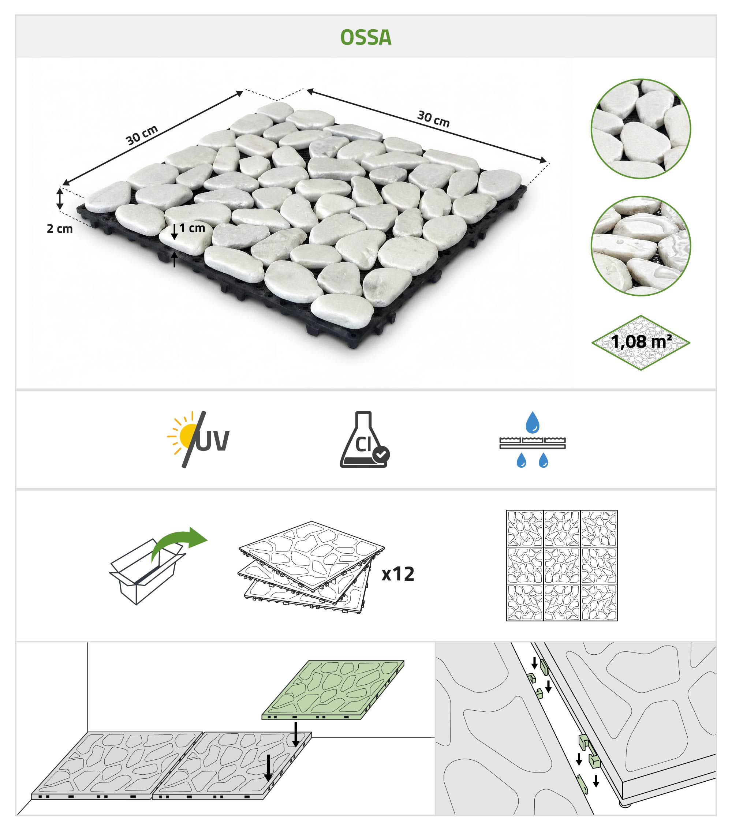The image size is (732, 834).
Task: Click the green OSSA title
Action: point(366,38)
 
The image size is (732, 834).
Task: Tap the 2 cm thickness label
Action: point(60,228)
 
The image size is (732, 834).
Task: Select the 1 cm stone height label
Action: point(192,228)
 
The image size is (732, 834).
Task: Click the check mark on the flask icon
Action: point(381,454)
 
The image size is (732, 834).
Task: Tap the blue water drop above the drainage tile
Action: point(533,422)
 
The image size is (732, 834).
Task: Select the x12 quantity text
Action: point(398,574)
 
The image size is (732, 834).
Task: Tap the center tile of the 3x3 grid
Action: point(562,565)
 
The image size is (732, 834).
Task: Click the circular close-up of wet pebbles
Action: point(640,246)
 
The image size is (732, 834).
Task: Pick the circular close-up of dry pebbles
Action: point(640,129)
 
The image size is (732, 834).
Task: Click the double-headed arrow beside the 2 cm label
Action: point(60,198)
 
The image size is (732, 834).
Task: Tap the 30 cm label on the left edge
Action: point(142,135)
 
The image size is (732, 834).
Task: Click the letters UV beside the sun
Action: point(213,441)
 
